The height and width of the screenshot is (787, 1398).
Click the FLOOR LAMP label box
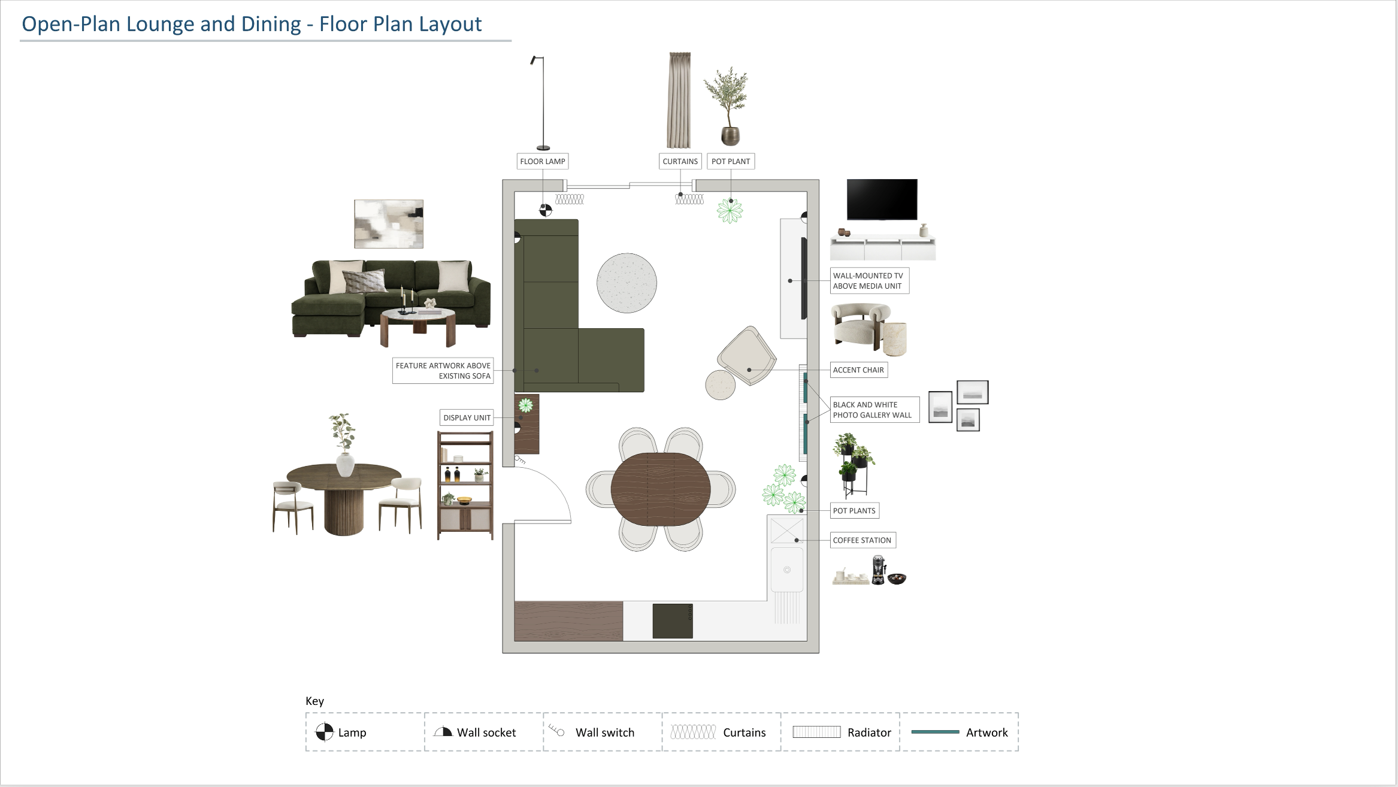pyautogui.click(x=543, y=161)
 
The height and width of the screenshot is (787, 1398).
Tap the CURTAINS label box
pyautogui.click(x=680, y=161)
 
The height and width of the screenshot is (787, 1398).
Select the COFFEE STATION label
pyautogui.click(x=863, y=540)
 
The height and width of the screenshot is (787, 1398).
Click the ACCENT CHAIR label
pyautogui.click(x=858, y=370)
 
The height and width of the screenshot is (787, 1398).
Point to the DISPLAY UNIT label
pyautogui.click(x=467, y=417)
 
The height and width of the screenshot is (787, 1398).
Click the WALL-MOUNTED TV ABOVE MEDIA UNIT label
pyautogui.click(x=869, y=281)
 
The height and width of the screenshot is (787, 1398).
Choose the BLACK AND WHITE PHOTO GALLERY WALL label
pyautogui.click(x=874, y=410)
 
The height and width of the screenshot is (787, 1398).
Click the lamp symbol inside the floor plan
pyautogui.click(x=545, y=210)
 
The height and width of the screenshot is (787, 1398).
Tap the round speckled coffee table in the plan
pyautogui.click(x=627, y=283)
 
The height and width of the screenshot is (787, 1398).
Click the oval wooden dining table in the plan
pyautogui.click(x=661, y=489)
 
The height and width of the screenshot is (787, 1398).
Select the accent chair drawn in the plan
pyautogui.click(x=747, y=356)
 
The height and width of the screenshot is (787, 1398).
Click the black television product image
pyautogui.click(x=882, y=199)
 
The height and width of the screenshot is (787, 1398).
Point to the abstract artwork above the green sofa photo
pyautogui.click(x=389, y=224)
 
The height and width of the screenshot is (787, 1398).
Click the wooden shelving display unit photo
pyautogui.click(x=465, y=485)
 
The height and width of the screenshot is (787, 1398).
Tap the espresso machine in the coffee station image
pyautogui.click(x=878, y=570)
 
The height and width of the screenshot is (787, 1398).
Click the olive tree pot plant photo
pyautogui.click(x=727, y=106)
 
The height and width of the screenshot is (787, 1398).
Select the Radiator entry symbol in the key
pyautogui.click(x=816, y=732)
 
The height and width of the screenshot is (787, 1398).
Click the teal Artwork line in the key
pyautogui.click(x=935, y=732)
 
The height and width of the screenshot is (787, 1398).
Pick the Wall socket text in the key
pyautogui.click(x=486, y=732)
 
